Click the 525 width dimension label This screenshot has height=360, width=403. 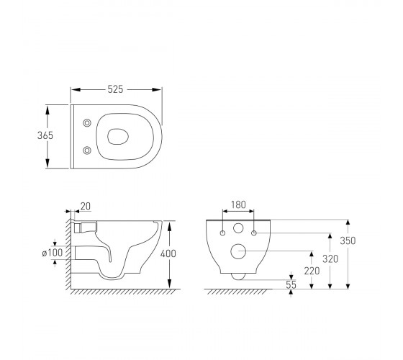(x=115, y=89)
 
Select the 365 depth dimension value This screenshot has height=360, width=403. (x=45, y=135)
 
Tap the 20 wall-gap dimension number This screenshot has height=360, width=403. (x=86, y=206)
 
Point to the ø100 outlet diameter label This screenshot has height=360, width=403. (x=53, y=253)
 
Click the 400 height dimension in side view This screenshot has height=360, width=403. (x=168, y=253)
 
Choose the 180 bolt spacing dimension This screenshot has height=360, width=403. (x=238, y=204)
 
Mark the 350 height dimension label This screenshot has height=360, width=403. (x=348, y=240)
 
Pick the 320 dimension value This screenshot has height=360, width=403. (x=330, y=259)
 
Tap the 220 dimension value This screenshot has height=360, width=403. (x=312, y=271)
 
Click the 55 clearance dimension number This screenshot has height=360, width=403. (x=291, y=284)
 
